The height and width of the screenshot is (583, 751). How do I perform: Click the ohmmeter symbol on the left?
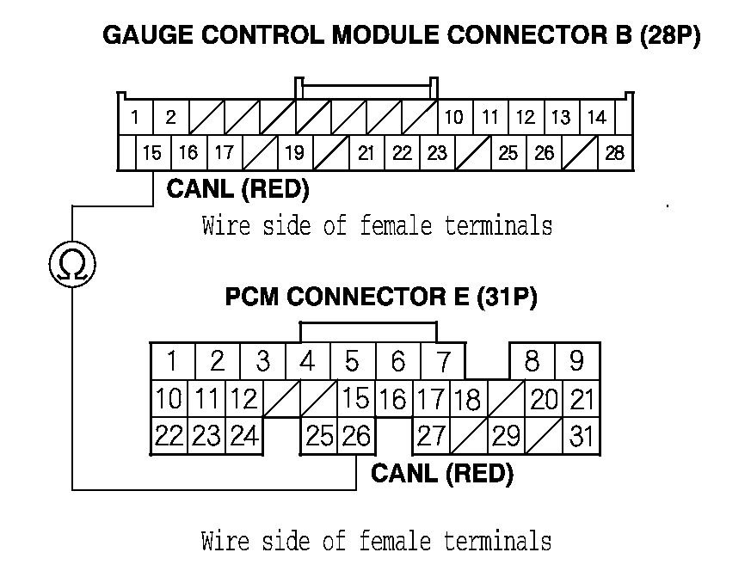71,265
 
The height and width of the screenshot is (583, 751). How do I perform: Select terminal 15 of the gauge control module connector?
152,154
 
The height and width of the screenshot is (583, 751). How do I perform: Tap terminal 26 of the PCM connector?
355,437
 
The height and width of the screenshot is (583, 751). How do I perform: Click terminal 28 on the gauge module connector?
614,154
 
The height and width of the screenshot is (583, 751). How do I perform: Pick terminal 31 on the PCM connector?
582,437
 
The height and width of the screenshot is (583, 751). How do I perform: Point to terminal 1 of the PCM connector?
173,361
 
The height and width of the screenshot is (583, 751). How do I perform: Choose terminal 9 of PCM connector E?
576,361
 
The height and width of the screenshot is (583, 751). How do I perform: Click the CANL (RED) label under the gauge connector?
237,188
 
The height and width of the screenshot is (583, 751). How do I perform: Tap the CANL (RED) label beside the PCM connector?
441,474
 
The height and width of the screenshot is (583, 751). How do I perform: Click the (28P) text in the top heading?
670,36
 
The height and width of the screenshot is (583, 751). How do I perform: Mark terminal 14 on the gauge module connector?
596,117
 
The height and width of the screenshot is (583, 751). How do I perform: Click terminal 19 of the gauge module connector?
294,154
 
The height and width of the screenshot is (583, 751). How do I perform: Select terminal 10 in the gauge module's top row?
453,117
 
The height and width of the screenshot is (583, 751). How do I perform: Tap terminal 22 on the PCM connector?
169,437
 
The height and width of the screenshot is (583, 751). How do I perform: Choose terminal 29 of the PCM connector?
506,437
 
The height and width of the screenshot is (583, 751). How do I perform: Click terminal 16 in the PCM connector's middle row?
392,400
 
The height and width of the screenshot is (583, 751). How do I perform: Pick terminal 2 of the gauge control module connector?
170,117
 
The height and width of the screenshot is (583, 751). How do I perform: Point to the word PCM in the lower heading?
252,298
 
